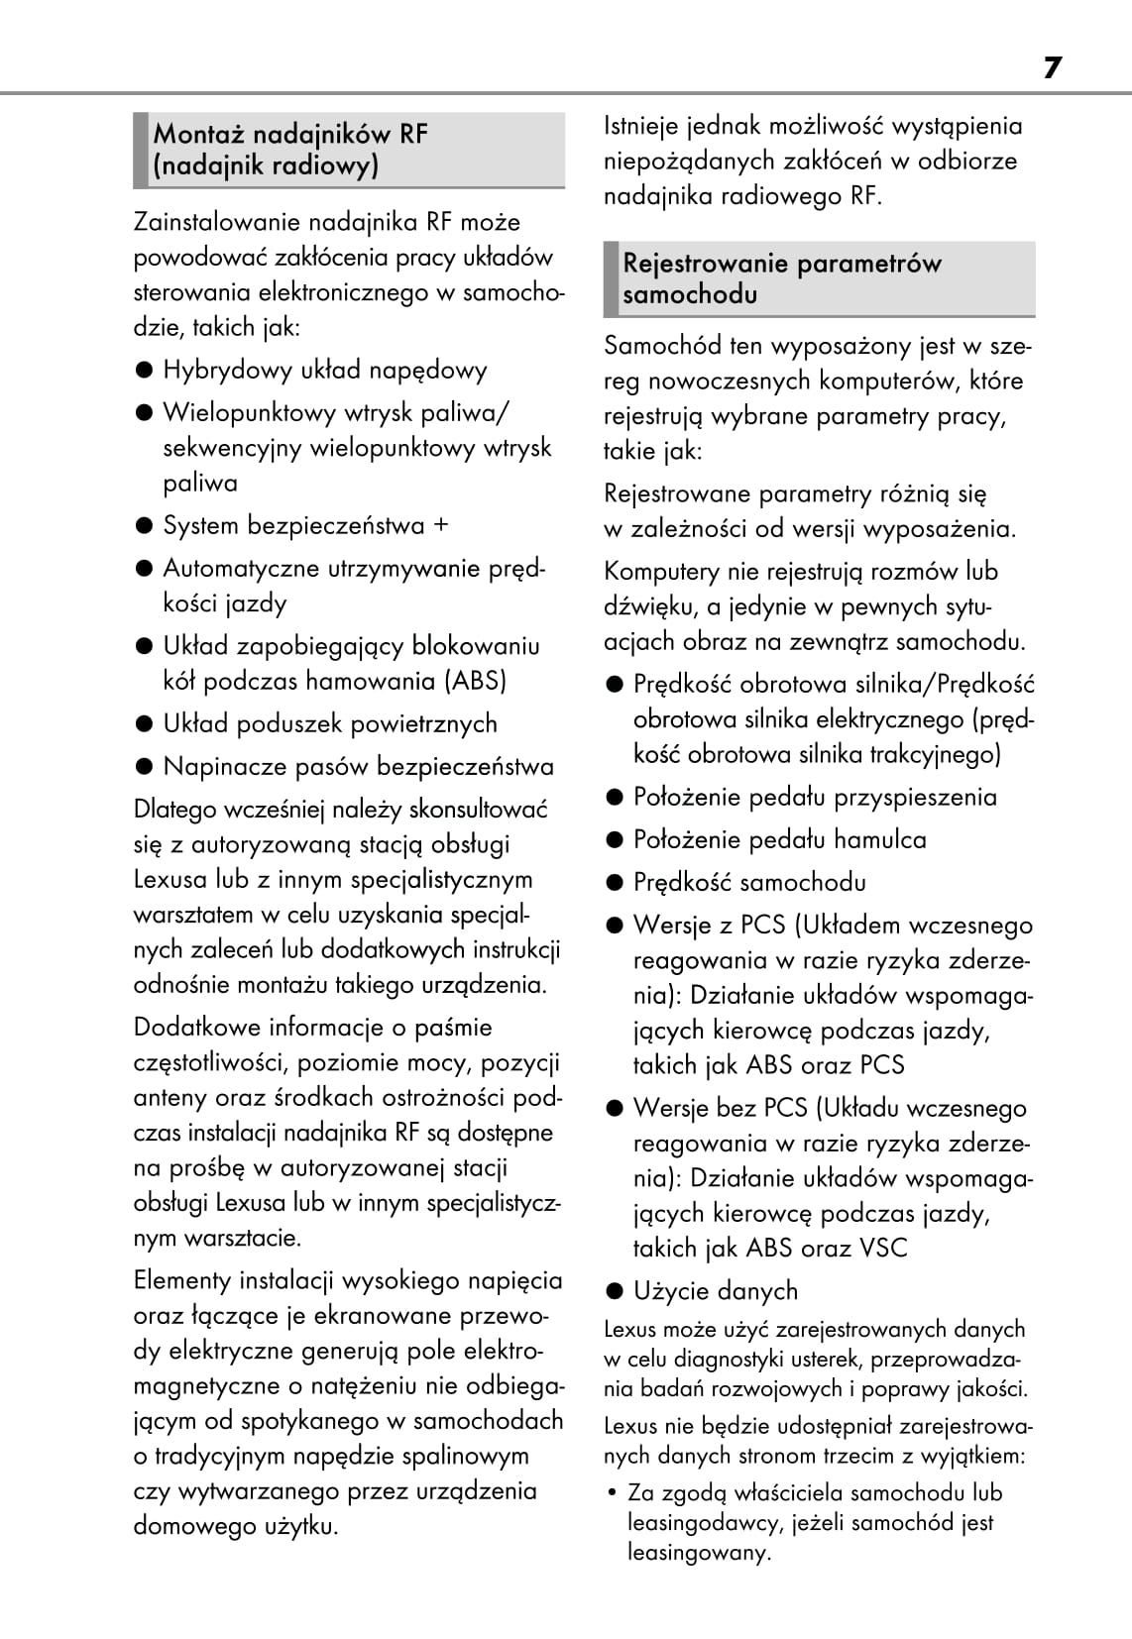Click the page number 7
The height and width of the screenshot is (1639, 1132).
point(1052,67)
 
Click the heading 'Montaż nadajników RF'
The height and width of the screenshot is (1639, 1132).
point(290,134)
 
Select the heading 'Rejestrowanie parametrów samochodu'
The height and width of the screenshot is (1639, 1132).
point(781,278)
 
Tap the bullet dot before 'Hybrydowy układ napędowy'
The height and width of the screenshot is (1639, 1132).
point(145,371)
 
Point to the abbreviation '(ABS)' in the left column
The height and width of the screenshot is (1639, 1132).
point(476,681)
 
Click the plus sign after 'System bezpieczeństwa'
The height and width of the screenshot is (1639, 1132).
point(441,525)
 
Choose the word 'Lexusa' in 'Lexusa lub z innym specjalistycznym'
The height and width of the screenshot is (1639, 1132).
point(170,879)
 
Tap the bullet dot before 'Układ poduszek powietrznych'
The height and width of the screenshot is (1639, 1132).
point(145,723)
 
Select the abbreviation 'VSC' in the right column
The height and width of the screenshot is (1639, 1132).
point(883,1248)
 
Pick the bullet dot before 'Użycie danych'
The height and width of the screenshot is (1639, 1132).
point(616,1290)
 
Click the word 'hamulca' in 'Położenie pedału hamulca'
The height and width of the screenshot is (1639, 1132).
point(879,839)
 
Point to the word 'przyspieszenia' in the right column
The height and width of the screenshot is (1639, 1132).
point(915,797)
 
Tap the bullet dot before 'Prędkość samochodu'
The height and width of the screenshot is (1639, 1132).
point(616,882)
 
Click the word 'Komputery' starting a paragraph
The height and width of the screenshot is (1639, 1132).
point(661,571)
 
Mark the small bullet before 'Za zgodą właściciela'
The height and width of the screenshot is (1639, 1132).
point(613,1492)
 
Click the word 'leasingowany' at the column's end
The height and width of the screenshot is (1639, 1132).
point(697,1552)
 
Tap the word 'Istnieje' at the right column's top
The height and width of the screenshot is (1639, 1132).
point(639,126)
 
